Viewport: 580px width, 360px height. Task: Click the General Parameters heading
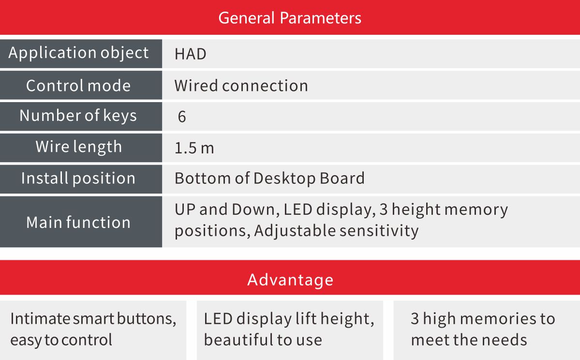click(290, 18)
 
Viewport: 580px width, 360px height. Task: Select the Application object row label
click(78, 53)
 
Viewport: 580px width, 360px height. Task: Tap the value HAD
click(191, 54)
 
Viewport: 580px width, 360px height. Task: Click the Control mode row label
click(78, 86)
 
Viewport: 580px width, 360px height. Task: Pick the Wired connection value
click(241, 86)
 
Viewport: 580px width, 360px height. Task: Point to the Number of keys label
click(78, 116)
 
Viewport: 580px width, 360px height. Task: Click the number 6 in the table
click(181, 117)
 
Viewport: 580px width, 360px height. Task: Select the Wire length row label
click(78, 147)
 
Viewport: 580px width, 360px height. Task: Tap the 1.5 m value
click(194, 148)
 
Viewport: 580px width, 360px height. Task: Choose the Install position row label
click(78, 179)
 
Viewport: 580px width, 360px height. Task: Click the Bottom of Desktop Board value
click(269, 179)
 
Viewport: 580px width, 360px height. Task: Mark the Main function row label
click(78, 223)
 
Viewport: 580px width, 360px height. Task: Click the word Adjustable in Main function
click(295, 231)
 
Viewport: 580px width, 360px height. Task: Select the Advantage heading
click(290, 280)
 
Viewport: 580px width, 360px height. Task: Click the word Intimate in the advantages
click(40, 318)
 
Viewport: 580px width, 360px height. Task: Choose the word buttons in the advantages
click(147, 319)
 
